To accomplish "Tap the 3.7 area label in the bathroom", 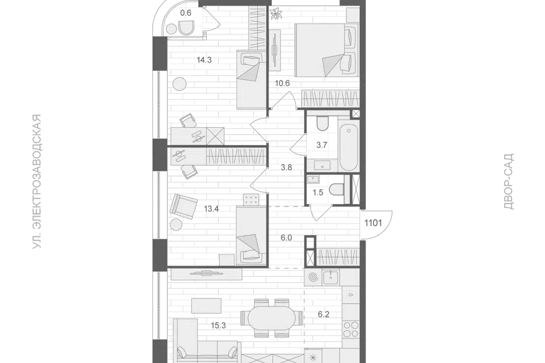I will click(321, 145).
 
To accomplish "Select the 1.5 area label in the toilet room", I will click(318, 192).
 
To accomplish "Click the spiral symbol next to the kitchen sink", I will click(313, 277).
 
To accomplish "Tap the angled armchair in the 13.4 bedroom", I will click(183, 205).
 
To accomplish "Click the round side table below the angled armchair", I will click(177, 225).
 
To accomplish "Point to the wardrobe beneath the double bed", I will click(329, 99).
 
